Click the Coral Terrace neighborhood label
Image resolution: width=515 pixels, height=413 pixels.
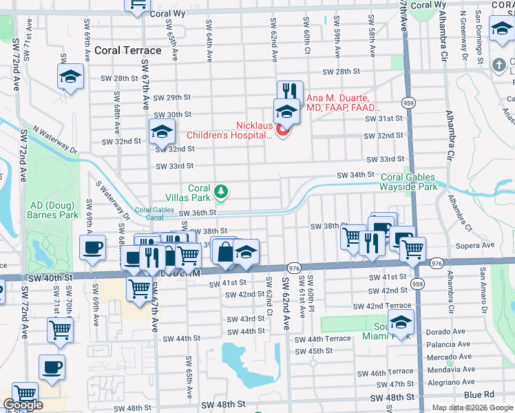point(128,50)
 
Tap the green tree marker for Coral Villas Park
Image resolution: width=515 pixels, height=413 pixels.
point(221,191)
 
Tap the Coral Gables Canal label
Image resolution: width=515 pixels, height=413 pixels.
point(155,213)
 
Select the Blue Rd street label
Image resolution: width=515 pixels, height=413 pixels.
point(479,394)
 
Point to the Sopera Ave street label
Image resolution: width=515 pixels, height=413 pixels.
point(479,245)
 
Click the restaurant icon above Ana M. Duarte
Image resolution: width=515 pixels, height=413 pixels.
point(290,92)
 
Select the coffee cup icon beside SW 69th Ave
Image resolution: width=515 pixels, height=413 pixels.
point(92,247)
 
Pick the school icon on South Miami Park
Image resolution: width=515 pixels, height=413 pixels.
point(401,322)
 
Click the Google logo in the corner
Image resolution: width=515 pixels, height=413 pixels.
point(23,405)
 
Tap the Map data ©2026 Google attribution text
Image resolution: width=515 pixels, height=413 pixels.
point(472,407)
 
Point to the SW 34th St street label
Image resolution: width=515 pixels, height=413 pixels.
point(355,176)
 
